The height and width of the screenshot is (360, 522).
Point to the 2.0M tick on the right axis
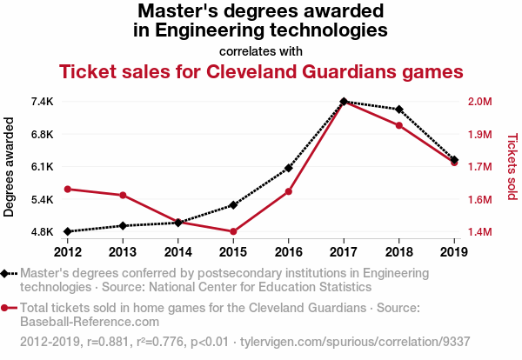click(x=479, y=102)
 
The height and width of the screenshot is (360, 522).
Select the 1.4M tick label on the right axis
click(x=479, y=232)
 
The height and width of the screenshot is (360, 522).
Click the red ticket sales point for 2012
click(x=68, y=189)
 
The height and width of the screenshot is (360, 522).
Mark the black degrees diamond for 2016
click(x=289, y=168)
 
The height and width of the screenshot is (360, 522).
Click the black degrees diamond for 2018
click(x=398, y=110)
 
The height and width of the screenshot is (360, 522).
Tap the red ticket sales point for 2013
click(x=123, y=195)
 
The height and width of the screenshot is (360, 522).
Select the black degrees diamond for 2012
click(x=68, y=231)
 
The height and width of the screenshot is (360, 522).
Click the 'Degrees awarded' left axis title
click(x=10, y=167)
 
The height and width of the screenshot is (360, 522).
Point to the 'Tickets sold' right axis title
click(x=512, y=167)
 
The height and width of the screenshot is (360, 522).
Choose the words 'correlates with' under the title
click(x=261, y=50)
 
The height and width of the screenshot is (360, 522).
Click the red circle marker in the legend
click(x=6, y=308)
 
